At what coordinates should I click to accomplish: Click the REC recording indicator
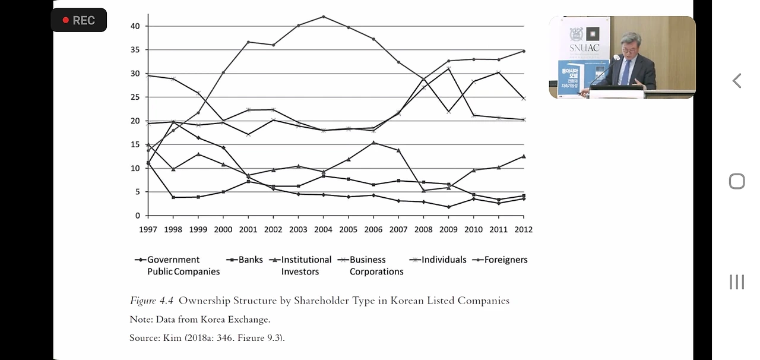tap(79, 20)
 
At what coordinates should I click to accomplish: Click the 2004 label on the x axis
tap(323, 229)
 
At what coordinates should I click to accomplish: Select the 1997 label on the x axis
tap(148, 229)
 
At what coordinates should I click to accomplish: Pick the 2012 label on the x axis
tap(523, 229)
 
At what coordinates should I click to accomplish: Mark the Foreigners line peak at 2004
tap(323, 17)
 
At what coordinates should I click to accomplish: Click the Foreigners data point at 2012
tap(523, 51)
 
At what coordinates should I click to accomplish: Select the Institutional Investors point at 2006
tap(373, 143)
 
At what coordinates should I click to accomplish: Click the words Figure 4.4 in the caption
tap(152, 301)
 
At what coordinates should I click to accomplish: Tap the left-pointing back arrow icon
tap(737, 81)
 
